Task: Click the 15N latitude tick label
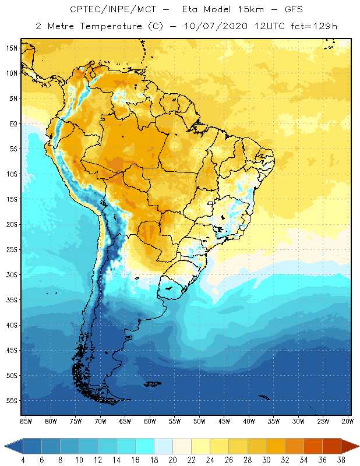click(x=11, y=48)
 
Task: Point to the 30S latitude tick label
click(x=11, y=274)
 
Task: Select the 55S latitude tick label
click(x=11, y=401)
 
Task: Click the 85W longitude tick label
click(x=26, y=421)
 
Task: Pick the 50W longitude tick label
click(x=199, y=421)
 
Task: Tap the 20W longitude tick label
click(x=348, y=421)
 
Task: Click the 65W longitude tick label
click(x=125, y=421)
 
